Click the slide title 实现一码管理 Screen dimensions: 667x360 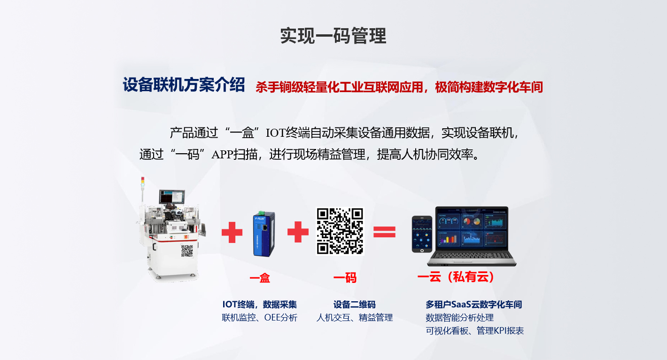[x=333, y=36]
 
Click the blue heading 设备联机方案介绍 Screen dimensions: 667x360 [x=184, y=85]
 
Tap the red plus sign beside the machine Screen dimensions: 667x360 [x=232, y=232]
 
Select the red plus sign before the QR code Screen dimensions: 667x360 [x=298, y=232]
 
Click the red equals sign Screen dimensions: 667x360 [x=384, y=232]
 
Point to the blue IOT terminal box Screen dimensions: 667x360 [x=264, y=234]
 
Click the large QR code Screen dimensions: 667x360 [x=340, y=231]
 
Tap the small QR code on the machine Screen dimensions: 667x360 [x=187, y=251]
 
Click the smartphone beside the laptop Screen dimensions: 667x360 [x=422, y=234]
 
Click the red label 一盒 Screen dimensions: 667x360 [x=260, y=278]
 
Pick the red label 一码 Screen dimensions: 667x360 [x=345, y=278]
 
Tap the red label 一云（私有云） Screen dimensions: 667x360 [x=456, y=277]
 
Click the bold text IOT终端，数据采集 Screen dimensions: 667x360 [x=260, y=304]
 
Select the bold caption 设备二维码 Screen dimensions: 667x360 [x=354, y=304]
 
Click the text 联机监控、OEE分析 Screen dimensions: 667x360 [x=260, y=317]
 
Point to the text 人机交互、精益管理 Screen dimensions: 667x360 [x=354, y=317]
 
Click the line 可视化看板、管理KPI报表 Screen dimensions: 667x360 [x=474, y=330]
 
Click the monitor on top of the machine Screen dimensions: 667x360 [x=172, y=197]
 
